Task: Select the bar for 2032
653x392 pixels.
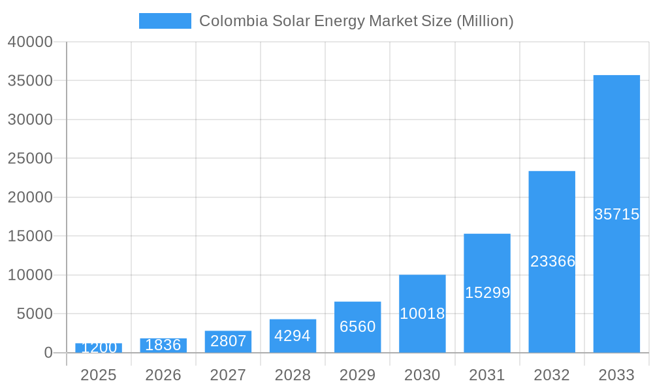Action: point(552,261)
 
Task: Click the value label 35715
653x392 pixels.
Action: point(616,214)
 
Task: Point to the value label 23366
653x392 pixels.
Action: point(552,261)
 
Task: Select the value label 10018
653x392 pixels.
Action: point(422,314)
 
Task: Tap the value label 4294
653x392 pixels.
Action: point(293,336)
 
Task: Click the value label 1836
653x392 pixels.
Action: point(163,345)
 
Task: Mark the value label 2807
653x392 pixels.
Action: point(228,341)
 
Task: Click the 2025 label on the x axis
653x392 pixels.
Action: point(98,375)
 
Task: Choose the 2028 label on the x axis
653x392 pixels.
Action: point(293,375)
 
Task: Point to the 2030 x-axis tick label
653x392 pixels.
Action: point(422,375)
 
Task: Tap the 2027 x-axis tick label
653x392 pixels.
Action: point(228,375)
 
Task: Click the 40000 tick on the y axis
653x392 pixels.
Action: point(30,42)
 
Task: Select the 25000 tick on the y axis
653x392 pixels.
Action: point(30,159)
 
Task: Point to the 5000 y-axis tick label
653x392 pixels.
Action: point(34,314)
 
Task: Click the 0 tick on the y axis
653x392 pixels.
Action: point(48,353)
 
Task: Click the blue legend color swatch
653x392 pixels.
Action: point(165,21)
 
